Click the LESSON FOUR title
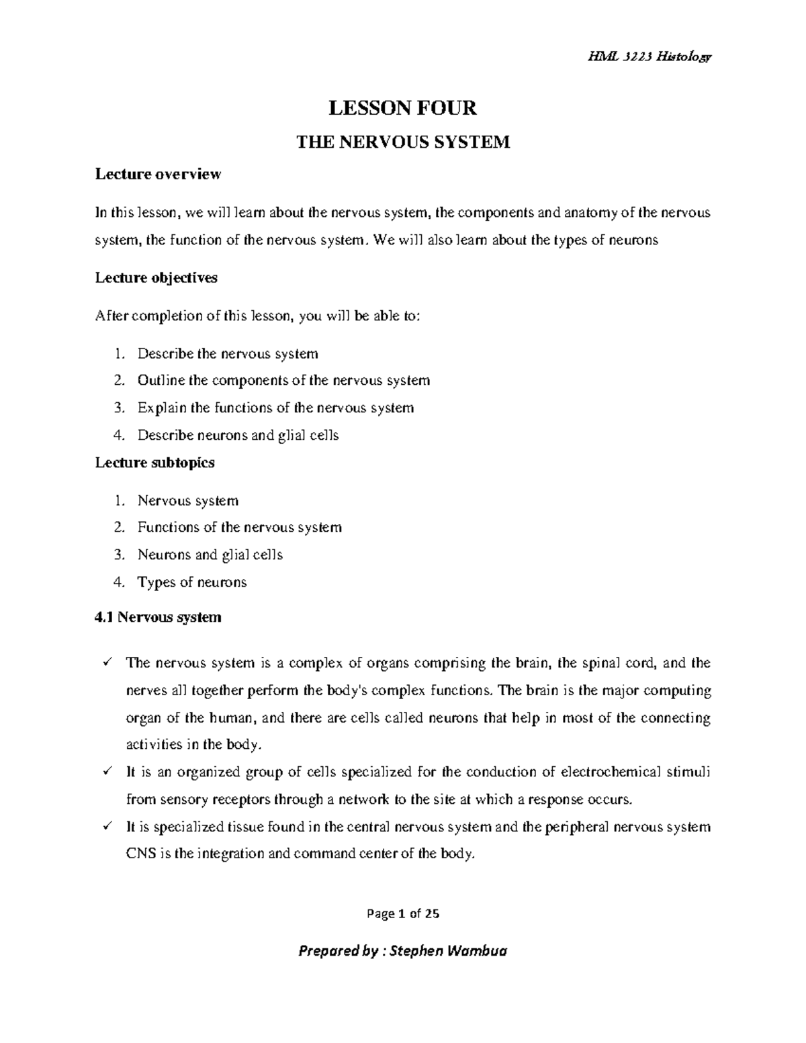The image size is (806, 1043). [x=402, y=107]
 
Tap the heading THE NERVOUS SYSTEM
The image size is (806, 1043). [x=403, y=142]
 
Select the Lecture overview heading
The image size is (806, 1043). [x=158, y=175]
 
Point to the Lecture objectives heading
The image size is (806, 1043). [x=156, y=277]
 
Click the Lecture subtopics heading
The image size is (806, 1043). [x=154, y=462]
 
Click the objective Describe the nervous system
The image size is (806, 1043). [x=228, y=354]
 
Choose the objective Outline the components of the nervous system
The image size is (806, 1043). [x=283, y=381]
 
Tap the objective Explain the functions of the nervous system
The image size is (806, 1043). [x=275, y=408]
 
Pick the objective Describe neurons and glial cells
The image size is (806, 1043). [x=238, y=435]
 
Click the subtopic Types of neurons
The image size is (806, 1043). [x=192, y=582]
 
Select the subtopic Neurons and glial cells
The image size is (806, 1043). [x=210, y=555]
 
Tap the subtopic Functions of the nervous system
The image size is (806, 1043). [x=240, y=527]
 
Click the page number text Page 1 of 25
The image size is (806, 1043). [x=403, y=913]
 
